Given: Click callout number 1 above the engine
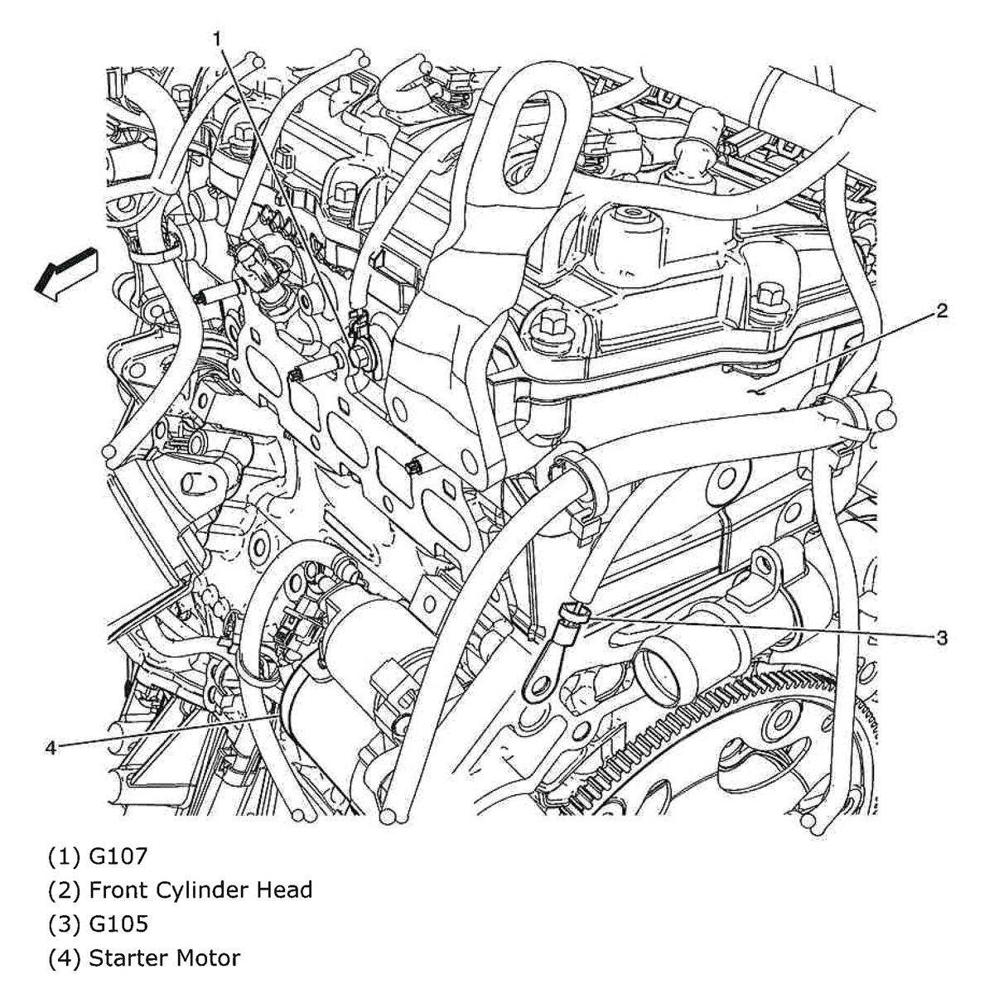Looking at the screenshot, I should point(216,38).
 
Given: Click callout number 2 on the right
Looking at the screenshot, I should point(941,311).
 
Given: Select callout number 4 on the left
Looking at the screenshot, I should point(51,747).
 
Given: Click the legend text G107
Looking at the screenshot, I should point(118,854).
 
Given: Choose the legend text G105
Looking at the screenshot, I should point(118,924).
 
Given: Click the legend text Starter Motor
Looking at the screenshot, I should point(164,959).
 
